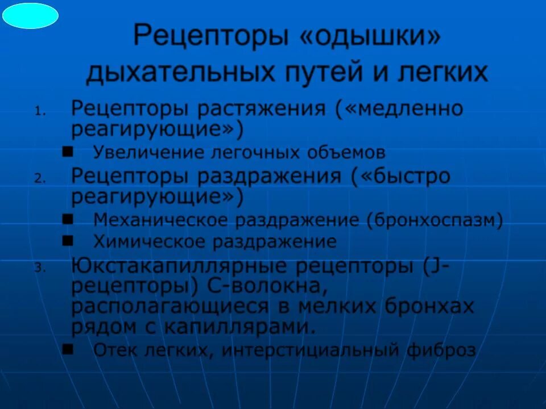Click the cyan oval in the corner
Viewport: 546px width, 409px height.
(x=30, y=16)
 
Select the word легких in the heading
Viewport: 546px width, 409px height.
(x=443, y=73)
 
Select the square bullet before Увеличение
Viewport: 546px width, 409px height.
(x=68, y=152)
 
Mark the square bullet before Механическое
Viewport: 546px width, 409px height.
(x=68, y=219)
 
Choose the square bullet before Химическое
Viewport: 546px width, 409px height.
(x=68, y=241)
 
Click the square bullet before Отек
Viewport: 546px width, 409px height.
(x=68, y=349)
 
